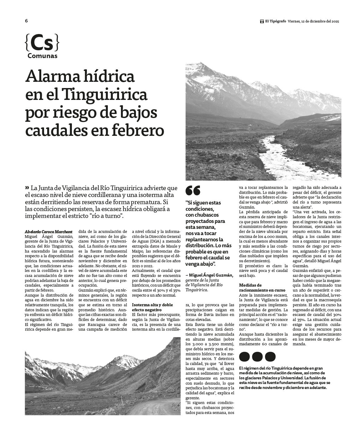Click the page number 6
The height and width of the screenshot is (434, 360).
tap(27, 21)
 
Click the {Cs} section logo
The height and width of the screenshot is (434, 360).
tap(42, 43)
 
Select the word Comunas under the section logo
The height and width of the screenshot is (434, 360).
tap(42, 56)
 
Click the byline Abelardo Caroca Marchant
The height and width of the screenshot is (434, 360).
tap(48, 232)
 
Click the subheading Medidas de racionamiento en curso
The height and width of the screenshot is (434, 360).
tap(254, 288)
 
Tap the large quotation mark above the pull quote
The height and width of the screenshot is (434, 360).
tap(193, 190)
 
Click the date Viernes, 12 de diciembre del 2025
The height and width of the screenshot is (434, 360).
tap(313, 21)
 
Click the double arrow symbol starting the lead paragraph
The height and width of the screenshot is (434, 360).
tap(27, 188)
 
